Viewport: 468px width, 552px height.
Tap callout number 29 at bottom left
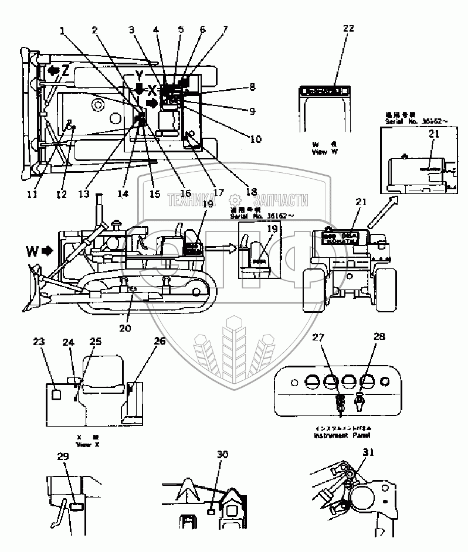coord(63,456)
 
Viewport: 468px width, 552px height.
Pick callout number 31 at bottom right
coord(368,452)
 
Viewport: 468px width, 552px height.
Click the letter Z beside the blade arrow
coord(66,71)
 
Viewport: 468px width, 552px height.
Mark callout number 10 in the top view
coord(255,139)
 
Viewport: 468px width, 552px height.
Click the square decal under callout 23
coord(57,394)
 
